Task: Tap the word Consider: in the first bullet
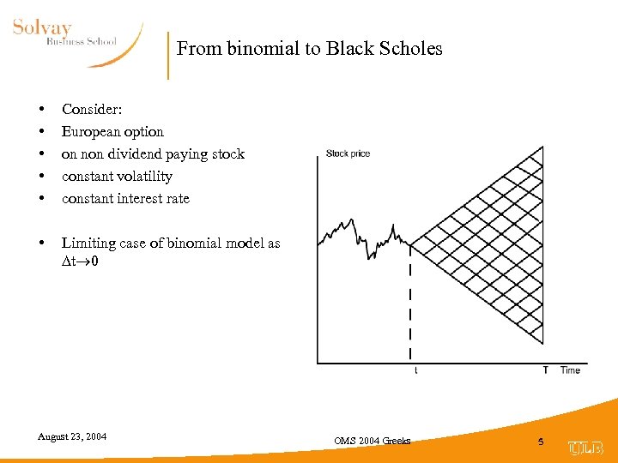click(92, 110)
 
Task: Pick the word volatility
click(143, 177)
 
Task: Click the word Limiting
click(88, 244)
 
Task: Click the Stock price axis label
click(348, 153)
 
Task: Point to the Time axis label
click(570, 370)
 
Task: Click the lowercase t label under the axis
click(416, 370)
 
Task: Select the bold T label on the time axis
click(545, 370)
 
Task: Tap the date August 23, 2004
click(72, 436)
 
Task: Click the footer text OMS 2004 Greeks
click(373, 441)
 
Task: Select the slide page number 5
click(541, 441)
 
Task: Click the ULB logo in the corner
click(585, 448)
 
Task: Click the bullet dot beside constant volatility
click(41, 177)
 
